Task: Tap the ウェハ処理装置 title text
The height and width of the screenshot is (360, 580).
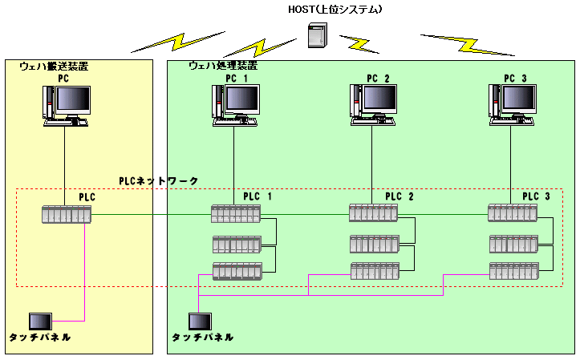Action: (222, 67)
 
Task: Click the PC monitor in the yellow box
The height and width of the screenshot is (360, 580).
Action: (68, 104)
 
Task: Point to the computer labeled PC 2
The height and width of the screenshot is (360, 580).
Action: (375, 104)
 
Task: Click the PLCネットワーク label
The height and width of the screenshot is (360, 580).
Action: (158, 182)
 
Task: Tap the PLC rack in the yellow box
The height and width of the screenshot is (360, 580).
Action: (67, 215)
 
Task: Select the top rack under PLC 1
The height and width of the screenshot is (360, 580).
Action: (237, 214)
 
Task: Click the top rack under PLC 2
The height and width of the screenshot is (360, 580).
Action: (374, 213)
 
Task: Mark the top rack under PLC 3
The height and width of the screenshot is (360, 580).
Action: (513, 213)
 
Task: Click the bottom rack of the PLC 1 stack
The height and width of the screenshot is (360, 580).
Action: (237, 272)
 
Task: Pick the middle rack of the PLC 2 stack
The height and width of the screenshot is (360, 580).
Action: (374, 243)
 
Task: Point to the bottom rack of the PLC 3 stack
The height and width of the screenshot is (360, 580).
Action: (513, 271)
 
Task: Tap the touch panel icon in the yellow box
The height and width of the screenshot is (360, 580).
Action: (39, 322)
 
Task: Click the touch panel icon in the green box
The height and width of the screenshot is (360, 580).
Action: (200, 321)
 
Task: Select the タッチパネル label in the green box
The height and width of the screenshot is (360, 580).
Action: (202, 338)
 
